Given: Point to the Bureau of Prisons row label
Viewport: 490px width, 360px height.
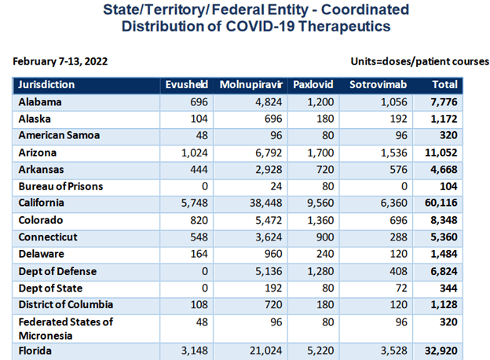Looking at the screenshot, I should pyautogui.click(x=60, y=186).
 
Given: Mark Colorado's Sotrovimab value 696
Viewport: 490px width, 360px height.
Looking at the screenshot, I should pyautogui.click(x=399, y=220).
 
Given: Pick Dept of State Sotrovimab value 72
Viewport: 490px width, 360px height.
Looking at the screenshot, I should pyautogui.click(x=402, y=288).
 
